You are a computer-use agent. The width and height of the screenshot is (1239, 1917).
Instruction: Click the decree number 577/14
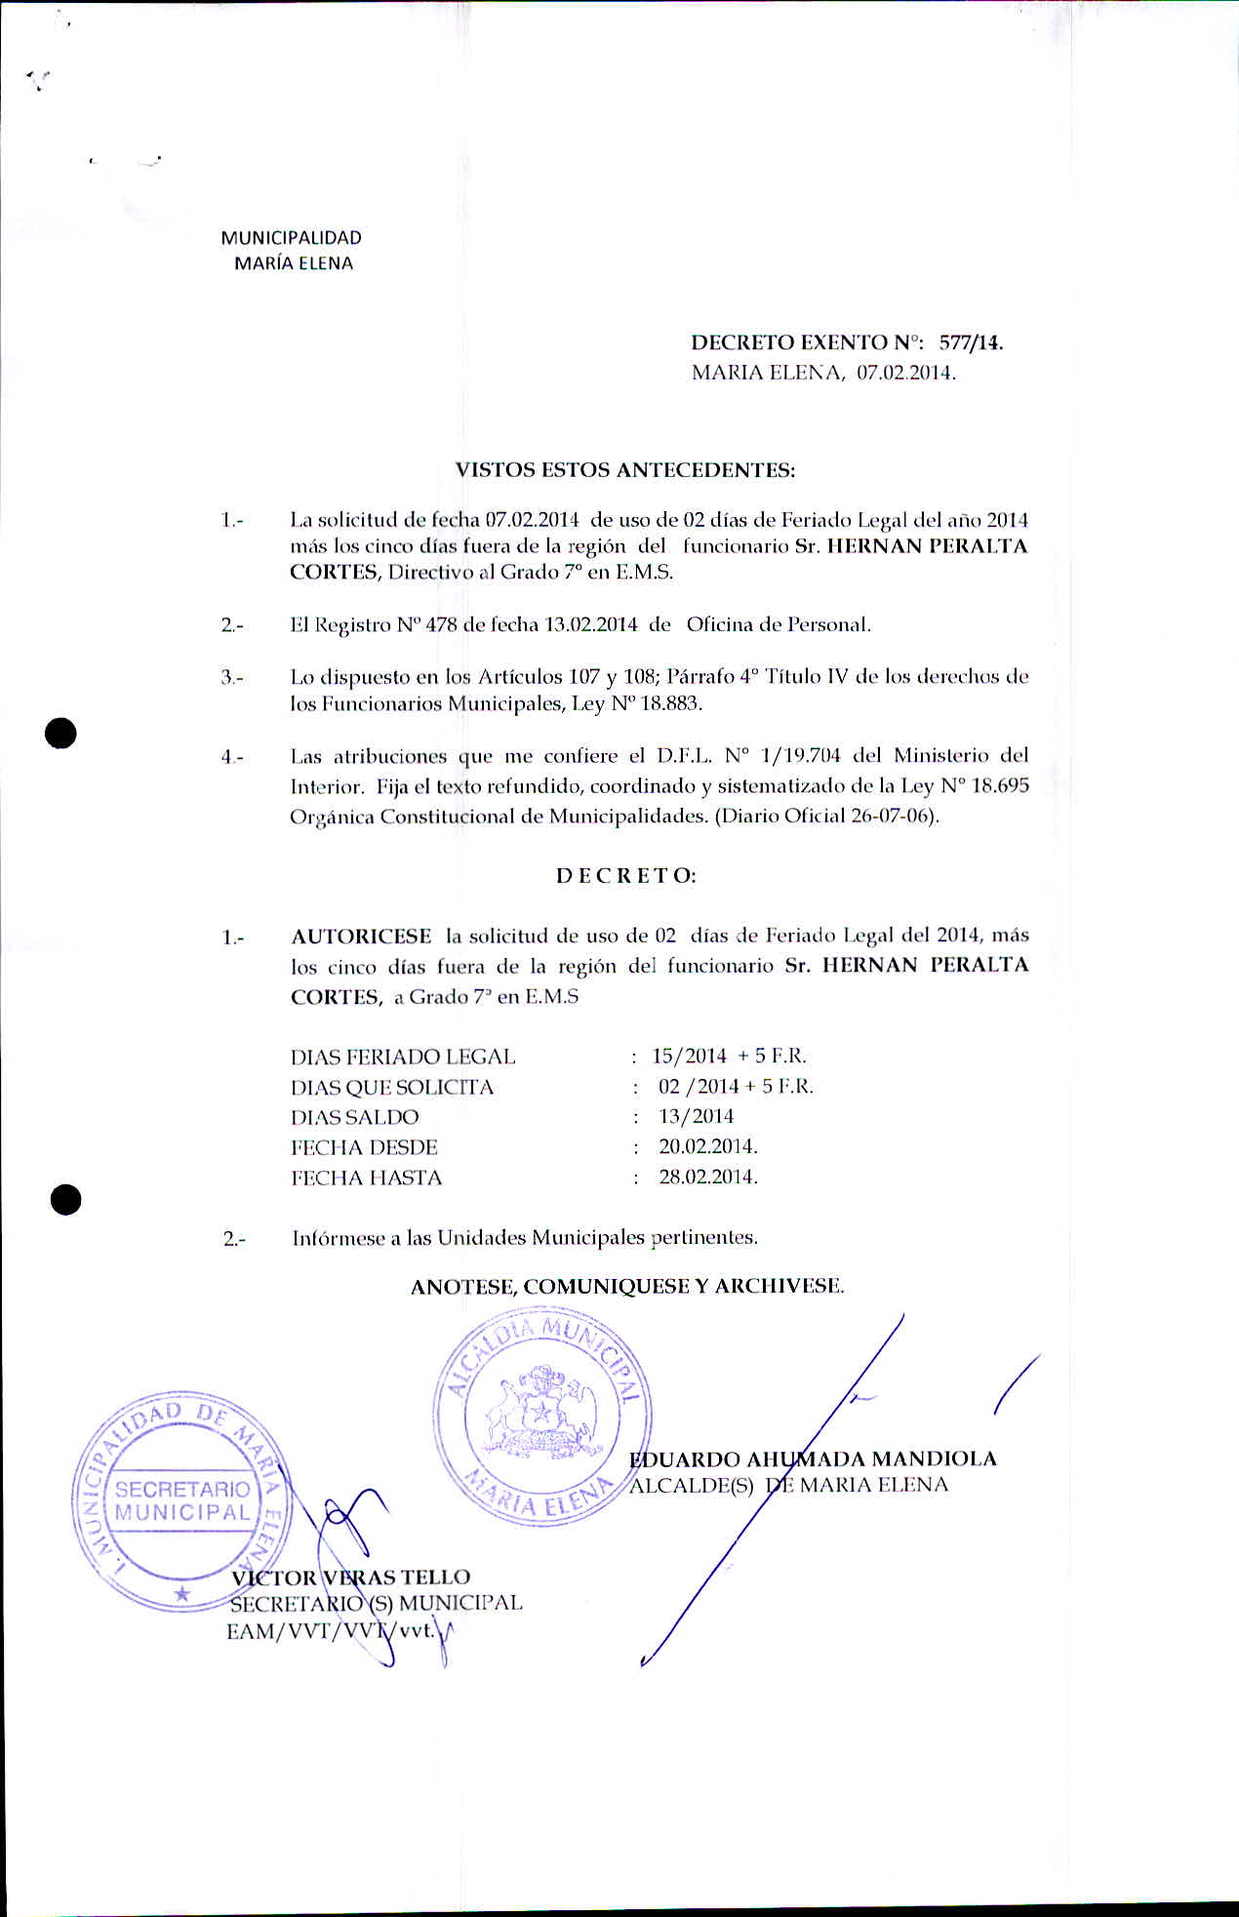coord(971,342)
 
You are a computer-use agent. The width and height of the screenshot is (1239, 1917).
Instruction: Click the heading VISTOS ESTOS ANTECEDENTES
coord(625,470)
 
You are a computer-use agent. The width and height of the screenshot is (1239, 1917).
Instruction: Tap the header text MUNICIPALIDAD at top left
coord(291,238)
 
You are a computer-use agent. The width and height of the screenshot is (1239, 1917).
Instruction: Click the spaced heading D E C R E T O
coord(625,876)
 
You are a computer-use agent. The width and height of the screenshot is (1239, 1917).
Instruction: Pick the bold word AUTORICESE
coord(361,937)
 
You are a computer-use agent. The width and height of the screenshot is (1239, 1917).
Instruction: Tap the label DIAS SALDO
coord(354,1117)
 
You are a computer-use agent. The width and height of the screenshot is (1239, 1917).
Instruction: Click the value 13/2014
coord(696,1116)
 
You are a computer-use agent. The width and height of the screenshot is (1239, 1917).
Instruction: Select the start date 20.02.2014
coord(707,1146)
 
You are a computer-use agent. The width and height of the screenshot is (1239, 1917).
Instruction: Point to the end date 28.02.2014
coord(707,1177)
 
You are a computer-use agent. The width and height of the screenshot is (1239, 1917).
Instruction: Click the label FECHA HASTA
coord(366,1178)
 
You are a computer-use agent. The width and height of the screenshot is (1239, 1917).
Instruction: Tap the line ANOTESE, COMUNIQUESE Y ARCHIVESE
coord(627,1286)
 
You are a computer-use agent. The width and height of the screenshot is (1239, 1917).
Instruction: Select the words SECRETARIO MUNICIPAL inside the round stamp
coord(182,1500)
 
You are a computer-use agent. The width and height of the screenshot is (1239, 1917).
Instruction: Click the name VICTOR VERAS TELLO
coord(350,1577)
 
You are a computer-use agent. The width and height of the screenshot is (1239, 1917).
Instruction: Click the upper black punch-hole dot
coord(60,732)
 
